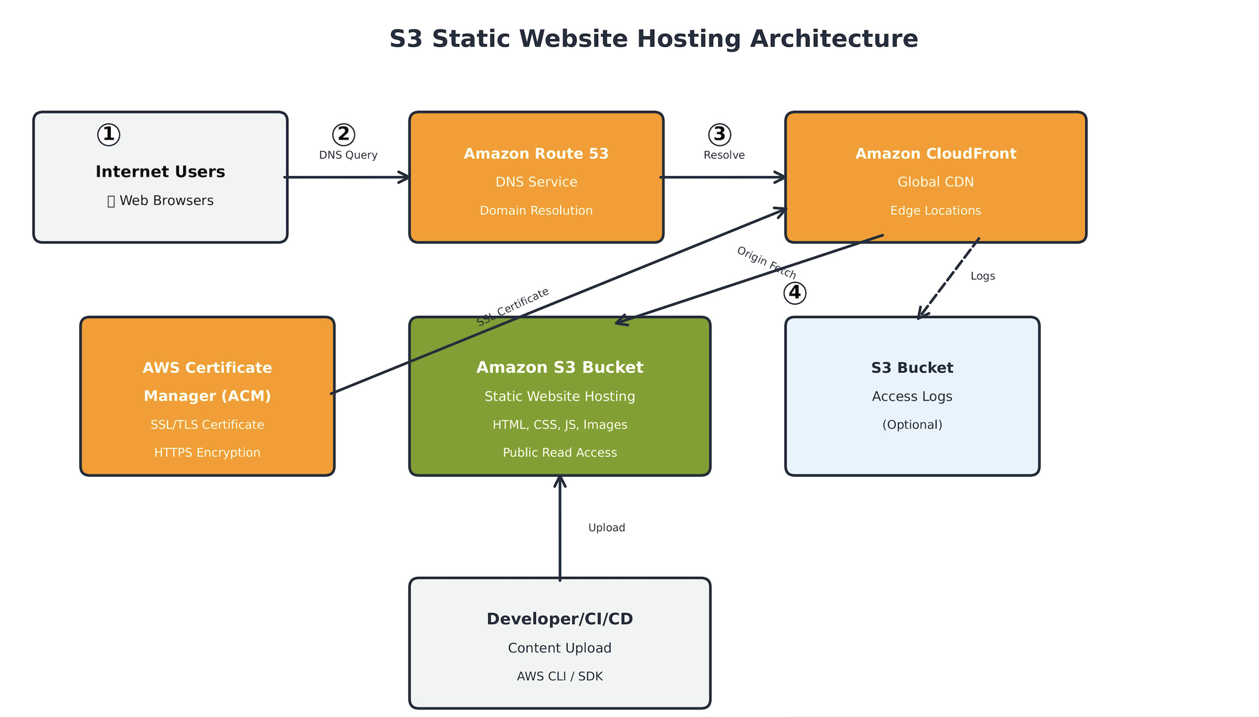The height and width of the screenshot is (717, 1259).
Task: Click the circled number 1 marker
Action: coord(109,135)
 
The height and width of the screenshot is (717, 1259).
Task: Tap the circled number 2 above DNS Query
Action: coord(344,135)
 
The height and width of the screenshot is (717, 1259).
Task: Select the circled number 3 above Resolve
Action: coord(719,135)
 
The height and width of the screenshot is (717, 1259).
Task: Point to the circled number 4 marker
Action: coord(795,293)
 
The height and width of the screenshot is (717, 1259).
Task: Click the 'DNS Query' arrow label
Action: coord(348,155)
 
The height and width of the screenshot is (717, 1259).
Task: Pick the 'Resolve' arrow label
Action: coord(724,155)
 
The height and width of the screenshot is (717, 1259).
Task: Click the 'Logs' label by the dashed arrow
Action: coord(982,277)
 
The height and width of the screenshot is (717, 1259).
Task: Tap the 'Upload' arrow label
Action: coord(606,528)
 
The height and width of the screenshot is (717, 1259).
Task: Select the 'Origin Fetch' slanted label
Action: coord(766,263)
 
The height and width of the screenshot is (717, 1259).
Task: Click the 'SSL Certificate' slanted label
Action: coord(512,307)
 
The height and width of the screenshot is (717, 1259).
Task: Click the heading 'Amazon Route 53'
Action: coord(536,154)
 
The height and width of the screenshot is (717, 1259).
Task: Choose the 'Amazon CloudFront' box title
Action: coord(935,154)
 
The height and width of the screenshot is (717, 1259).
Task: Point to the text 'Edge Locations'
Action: coord(935,211)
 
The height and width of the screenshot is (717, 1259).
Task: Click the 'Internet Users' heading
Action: coord(160,172)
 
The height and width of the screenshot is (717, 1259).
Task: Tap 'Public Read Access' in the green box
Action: coord(559,453)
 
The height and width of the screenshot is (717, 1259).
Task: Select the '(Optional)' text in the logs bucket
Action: coord(912,425)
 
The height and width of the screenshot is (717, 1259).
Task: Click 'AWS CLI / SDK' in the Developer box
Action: coord(559,676)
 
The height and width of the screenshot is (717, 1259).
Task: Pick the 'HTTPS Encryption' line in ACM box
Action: coord(207,453)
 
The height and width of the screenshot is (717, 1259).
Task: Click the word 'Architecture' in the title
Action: coord(834,39)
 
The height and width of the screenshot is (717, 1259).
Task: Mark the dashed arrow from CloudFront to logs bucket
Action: coord(949,278)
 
